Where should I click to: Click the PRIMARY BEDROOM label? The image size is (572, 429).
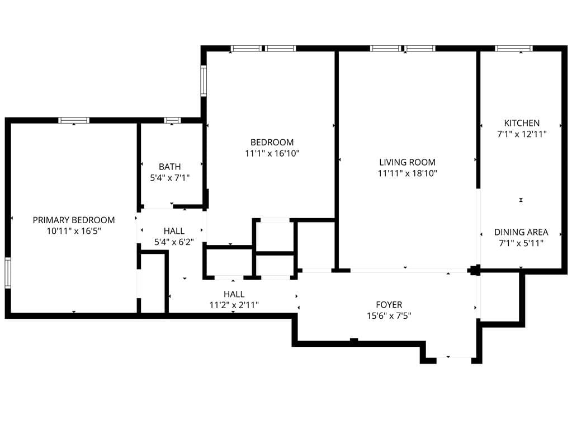point(74,220)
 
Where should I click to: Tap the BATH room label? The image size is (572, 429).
point(169,167)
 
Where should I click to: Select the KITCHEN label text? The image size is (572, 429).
point(522,123)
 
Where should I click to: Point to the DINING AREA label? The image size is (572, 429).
point(521,232)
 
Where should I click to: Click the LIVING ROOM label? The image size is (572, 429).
point(407,162)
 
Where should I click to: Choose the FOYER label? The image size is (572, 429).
point(389,305)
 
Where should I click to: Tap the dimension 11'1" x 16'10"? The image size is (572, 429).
point(272,153)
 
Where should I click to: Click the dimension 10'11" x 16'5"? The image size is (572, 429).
point(74,230)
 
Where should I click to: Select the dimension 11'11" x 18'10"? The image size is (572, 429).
point(407,173)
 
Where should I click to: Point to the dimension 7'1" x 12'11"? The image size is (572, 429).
point(522,134)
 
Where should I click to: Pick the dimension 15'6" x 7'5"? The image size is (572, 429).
point(389,315)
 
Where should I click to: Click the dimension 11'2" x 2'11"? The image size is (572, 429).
point(234,305)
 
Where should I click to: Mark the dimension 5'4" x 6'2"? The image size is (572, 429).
point(174,242)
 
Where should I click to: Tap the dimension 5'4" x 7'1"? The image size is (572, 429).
point(169,178)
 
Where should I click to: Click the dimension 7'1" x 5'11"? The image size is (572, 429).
point(521,243)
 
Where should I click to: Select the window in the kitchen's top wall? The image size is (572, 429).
point(514,49)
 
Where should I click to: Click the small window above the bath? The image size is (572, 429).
point(172,120)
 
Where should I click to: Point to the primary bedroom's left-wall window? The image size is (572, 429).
point(8,272)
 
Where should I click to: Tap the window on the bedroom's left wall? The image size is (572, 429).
point(204,81)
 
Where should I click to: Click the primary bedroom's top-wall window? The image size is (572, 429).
point(74,120)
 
